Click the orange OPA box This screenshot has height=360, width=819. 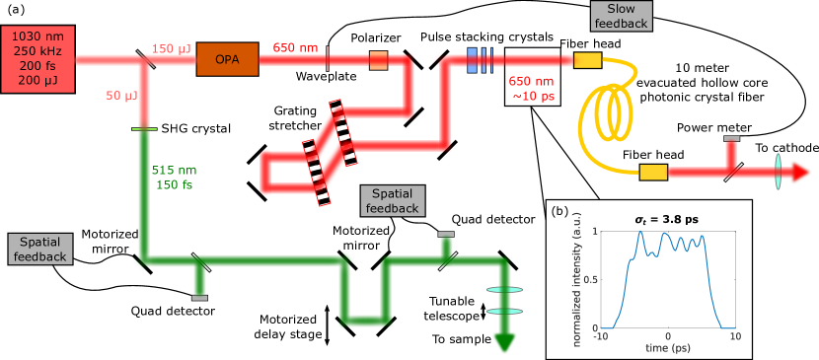pos(227,59)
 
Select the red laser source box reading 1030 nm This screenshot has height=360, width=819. pos(39,58)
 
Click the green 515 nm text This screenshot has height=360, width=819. pos(174,170)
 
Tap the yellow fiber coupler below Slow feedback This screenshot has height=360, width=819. pos(587,60)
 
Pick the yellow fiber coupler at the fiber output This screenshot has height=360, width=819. pos(653,173)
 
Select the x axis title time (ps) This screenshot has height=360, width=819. pos(667,349)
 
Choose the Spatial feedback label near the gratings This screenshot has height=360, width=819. pos(393,200)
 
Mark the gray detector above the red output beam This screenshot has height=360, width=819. pos(731,139)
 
